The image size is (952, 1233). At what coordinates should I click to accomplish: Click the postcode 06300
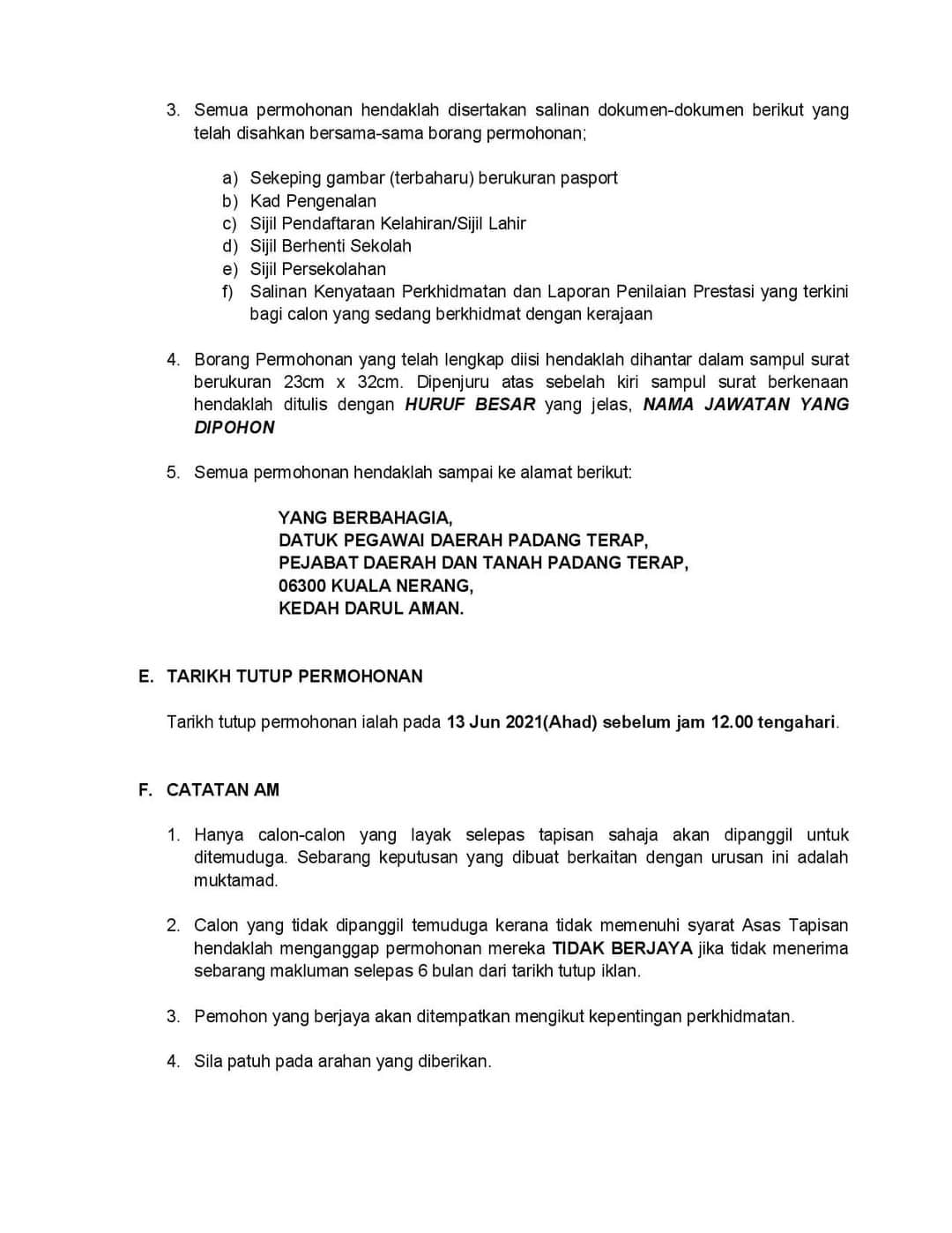[x=301, y=586]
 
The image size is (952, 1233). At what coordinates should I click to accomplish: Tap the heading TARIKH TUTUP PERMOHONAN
[x=294, y=676]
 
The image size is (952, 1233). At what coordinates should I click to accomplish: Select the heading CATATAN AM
[x=222, y=790]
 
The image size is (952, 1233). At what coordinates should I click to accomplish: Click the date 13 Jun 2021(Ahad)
[x=522, y=722]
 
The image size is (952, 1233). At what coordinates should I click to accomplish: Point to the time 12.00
[x=732, y=722]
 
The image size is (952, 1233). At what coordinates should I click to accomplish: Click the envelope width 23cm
[x=304, y=383]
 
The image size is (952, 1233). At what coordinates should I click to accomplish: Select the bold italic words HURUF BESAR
[x=470, y=405]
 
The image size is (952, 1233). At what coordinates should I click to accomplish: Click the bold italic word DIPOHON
[x=234, y=428]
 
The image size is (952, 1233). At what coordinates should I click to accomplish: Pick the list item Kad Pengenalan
[x=313, y=201]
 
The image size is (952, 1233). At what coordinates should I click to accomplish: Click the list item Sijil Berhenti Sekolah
[x=331, y=246]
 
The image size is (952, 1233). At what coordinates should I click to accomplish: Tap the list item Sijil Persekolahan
[x=317, y=269]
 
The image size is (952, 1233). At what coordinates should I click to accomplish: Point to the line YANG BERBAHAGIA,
[x=365, y=518]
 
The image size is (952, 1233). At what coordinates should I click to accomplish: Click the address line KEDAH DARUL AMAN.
[x=370, y=609]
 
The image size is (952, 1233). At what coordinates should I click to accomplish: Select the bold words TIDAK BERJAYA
[x=622, y=949]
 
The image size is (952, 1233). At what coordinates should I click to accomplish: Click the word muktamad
[x=235, y=880]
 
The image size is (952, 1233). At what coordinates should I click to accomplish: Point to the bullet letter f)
[x=227, y=292]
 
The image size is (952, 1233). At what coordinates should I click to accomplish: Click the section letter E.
[x=146, y=676]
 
